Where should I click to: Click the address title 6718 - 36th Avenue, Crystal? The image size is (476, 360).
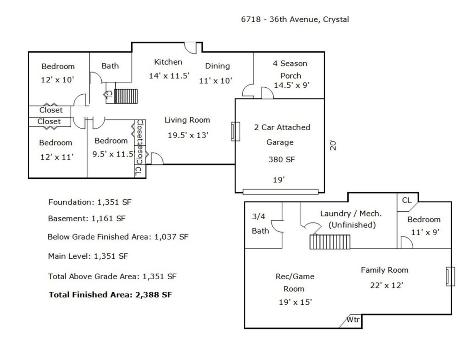(x=295, y=20)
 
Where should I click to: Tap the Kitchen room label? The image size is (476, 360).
(x=168, y=62)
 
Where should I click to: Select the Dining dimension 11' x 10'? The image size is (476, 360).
(x=216, y=81)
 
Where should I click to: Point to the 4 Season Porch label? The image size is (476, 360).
(x=290, y=70)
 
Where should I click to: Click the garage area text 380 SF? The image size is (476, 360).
(x=281, y=159)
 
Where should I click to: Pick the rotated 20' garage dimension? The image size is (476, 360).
(x=333, y=145)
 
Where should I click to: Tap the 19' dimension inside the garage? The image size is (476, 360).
(x=279, y=180)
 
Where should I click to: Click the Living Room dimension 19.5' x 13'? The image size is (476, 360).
(x=188, y=135)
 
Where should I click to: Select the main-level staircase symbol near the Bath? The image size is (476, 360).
(x=126, y=96)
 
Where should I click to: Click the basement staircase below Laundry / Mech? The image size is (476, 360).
(x=330, y=242)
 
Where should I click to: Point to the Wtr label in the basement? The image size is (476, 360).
(x=353, y=320)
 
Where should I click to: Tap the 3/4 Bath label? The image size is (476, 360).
(x=260, y=223)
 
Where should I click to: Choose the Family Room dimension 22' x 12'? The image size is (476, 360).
(x=386, y=285)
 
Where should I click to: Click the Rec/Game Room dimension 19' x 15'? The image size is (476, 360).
(x=295, y=302)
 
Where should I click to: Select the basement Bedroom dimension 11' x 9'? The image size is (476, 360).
(x=425, y=232)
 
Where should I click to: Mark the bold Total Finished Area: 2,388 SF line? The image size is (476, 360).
(x=110, y=295)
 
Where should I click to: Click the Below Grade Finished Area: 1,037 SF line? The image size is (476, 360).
(x=118, y=237)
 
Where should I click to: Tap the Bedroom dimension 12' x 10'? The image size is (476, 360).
(x=57, y=80)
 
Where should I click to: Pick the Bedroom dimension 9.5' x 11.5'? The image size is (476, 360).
(x=113, y=154)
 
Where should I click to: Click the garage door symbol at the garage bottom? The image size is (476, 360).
(x=280, y=192)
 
